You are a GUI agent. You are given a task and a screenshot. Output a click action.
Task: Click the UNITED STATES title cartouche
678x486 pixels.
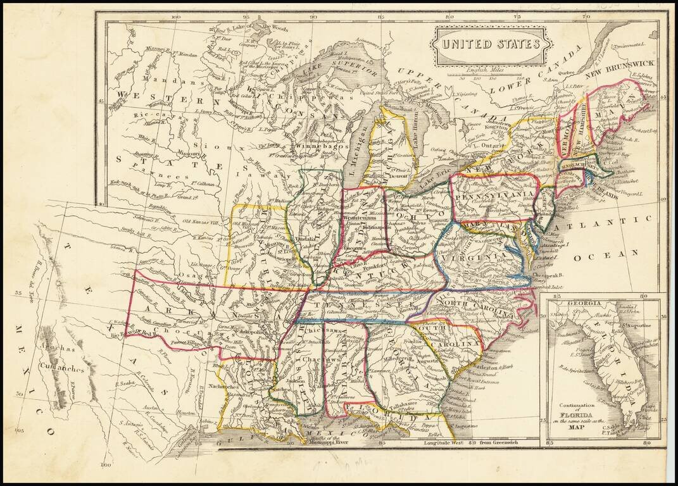491,45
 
